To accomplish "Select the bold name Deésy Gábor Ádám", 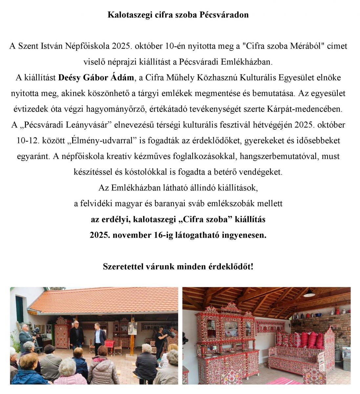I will pyautogui.click(x=96, y=78).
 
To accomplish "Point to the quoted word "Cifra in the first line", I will pyautogui.click(x=253, y=46).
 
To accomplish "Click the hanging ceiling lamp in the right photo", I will pyautogui.click(x=309, y=293).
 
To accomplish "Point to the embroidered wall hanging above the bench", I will pyautogui.click(x=270, y=327).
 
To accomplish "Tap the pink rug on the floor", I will pyautogui.click(x=289, y=381).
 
